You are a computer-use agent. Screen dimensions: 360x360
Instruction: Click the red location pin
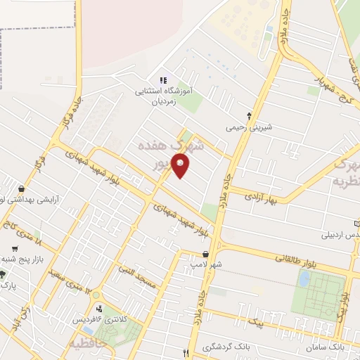click(181, 166)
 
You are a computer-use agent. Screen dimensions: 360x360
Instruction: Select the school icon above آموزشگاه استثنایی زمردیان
click(165, 81)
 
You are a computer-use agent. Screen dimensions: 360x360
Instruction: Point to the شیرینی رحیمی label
click(248, 128)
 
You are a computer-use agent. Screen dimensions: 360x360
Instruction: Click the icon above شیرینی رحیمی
click(249, 115)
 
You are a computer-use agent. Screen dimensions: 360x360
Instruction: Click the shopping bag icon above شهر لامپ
click(205, 253)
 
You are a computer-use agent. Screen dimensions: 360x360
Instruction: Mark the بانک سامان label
click(326, 347)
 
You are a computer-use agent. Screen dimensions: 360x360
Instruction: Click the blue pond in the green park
click(304, 278)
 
